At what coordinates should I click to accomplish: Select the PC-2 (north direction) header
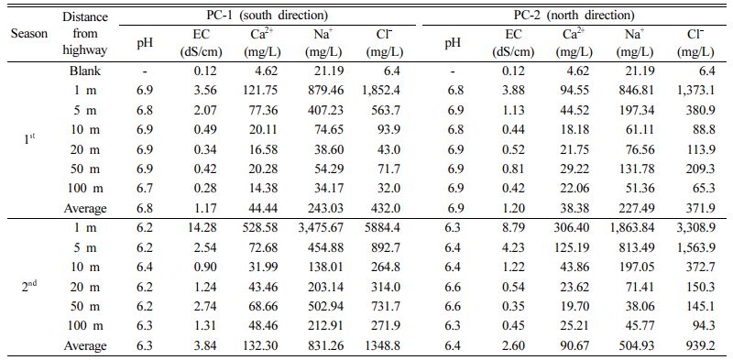click(574, 16)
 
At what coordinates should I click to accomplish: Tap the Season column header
click(29, 34)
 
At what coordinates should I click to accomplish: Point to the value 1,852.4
click(379, 91)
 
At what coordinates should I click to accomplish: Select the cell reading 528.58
click(262, 228)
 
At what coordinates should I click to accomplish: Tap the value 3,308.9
click(695, 228)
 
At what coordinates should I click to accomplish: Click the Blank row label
click(85, 71)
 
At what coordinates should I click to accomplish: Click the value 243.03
click(326, 209)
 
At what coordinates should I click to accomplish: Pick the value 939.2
click(700, 345)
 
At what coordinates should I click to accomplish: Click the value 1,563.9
click(695, 247)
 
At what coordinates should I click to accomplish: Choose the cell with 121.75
click(262, 91)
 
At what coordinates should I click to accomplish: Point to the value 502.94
click(326, 306)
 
